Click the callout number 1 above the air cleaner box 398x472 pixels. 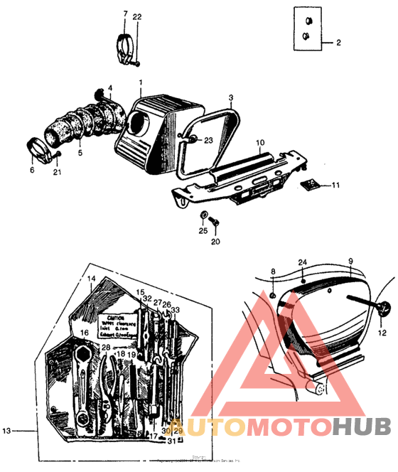pos(141,82)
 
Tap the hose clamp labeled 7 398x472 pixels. pos(125,45)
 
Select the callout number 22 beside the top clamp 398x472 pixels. pos(137,16)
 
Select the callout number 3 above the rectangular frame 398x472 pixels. pos(230,97)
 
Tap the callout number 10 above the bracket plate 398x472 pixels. pos(260,142)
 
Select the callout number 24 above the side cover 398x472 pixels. pos(302,262)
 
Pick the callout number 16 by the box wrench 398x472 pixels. pos(84,332)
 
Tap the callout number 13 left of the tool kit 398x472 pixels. pos(6,431)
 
